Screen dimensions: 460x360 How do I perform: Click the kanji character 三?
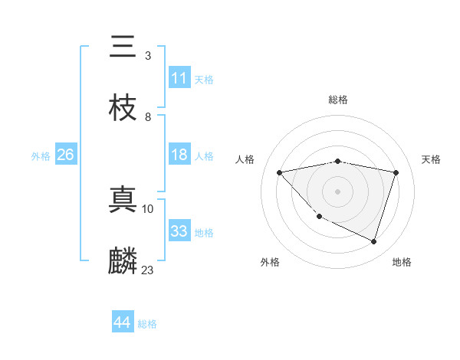[123, 47]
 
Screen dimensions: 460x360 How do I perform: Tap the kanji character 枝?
[123, 108]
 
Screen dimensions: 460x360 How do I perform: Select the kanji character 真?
[123, 200]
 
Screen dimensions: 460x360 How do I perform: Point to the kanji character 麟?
[123, 261]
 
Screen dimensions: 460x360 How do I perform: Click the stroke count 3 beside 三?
[147, 56]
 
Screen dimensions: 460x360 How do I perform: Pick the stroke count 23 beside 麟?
[148, 270]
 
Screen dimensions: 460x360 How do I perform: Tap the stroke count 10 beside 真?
[148, 208]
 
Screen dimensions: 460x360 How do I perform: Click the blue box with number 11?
[179, 78]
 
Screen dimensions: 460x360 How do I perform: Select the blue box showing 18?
[179, 155]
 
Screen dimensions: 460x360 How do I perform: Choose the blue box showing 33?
[179, 231]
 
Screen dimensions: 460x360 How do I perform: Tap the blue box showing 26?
[66, 155]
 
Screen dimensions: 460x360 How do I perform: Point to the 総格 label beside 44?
[147, 324]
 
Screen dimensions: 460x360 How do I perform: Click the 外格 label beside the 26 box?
[41, 155]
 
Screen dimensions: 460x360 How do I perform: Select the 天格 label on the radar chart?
[431, 159]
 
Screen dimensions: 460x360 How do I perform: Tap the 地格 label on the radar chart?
[402, 262]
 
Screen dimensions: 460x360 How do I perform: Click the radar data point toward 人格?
[279, 172]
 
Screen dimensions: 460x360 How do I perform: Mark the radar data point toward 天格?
[396, 172]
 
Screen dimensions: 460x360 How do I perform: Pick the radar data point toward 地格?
[373, 241]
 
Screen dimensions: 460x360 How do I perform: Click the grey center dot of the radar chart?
[337, 191]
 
